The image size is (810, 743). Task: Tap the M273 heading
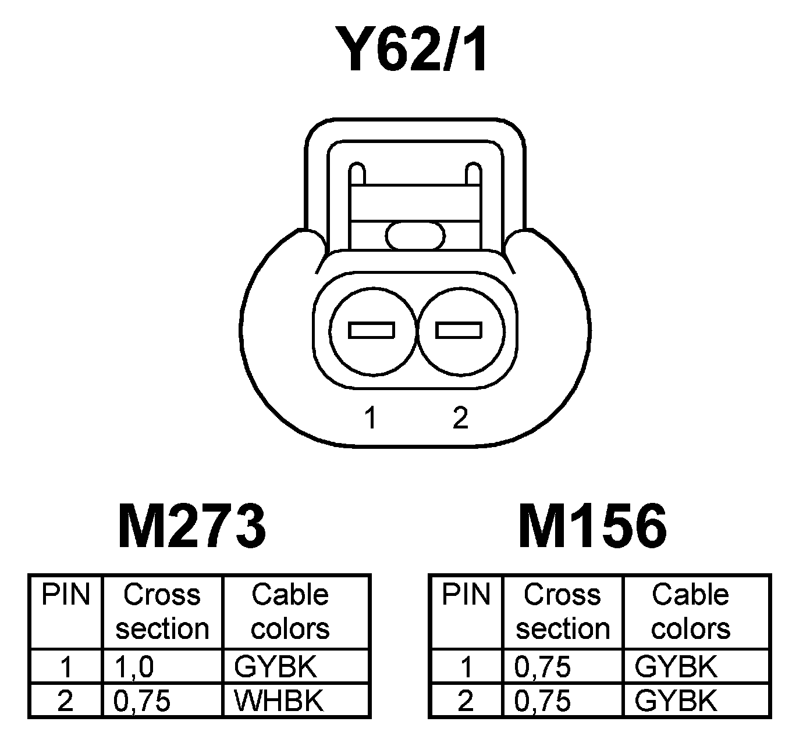tap(192, 527)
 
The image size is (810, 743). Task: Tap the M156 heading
tap(592, 527)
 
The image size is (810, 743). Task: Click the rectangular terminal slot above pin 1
tap(371, 330)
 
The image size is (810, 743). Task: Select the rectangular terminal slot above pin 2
tap(459, 330)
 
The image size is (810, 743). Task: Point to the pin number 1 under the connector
tap(371, 417)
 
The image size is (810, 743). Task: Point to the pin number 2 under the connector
tap(460, 417)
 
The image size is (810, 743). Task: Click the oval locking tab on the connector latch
tap(415, 235)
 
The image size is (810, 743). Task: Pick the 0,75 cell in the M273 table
tap(142, 701)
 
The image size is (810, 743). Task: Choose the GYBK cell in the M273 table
tap(275, 667)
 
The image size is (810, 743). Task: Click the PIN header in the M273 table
tap(66, 595)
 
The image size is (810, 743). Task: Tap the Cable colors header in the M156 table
tap(690, 612)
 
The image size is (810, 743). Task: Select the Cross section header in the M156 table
tap(563, 612)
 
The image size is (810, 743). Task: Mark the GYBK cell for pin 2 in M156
tap(676, 701)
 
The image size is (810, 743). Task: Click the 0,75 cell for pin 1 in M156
tap(542, 667)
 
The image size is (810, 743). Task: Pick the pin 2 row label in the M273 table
tap(65, 701)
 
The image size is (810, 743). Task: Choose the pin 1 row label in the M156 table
tap(466, 667)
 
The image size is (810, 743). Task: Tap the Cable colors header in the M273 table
tap(290, 612)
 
